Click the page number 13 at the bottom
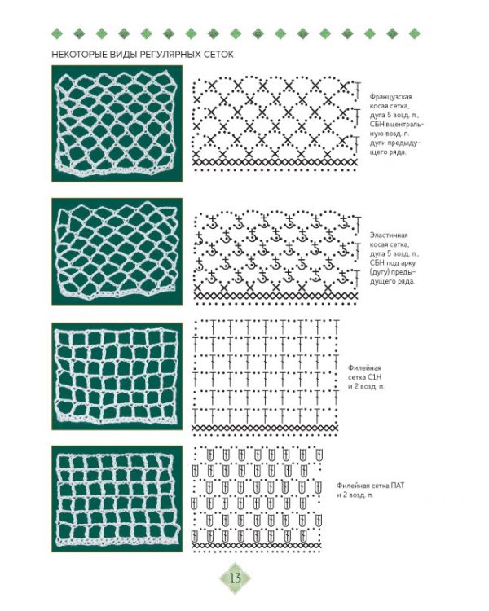[x=236, y=578]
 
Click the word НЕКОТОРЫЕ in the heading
[x=72, y=55]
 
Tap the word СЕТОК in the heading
[x=219, y=55]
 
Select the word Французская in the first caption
[x=390, y=97]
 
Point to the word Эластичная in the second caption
[x=389, y=235]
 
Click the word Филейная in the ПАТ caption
[x=352, y=486]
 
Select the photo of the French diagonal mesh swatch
[x=117, y=123]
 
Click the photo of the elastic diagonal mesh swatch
[x=117, y=252]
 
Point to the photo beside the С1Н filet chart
[x=117, y=376]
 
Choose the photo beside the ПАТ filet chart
[x=117, y=499]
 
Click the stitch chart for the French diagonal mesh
[x=276, y=124]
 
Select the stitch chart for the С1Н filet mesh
[x=266, y=377]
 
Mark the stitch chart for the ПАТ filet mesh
[x=257, y=499]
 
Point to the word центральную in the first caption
[x=397, y=129]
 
